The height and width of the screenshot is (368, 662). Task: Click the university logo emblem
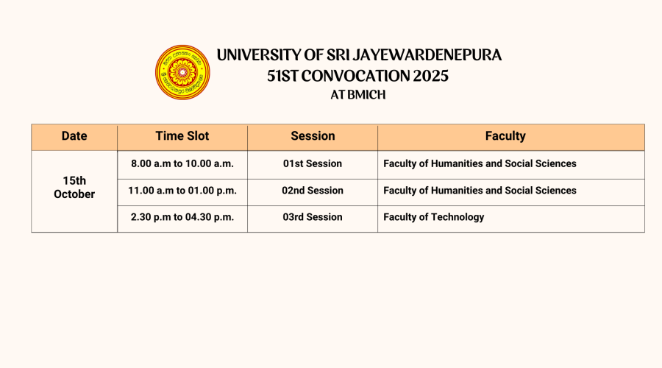click(182, 72)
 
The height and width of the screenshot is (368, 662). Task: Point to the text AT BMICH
click(358, 95)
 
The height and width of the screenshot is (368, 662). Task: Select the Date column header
click(74, 135)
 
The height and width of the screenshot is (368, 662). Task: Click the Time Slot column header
click(182, 135)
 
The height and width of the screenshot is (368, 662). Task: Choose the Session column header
click(313, 135)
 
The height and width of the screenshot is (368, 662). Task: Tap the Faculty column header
click(505, 136)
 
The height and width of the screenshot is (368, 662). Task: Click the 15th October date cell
click(74, 187)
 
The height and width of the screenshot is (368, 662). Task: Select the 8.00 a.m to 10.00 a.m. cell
click(182, 163)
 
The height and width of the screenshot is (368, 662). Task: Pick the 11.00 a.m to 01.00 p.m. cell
click(182, 191)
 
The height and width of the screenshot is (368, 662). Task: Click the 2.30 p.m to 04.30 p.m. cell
click(182, 217)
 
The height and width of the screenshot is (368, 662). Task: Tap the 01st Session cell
click(313, 163)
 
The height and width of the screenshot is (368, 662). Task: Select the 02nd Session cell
click(313, 191)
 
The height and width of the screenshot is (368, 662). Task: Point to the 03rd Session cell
click(313, 217)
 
